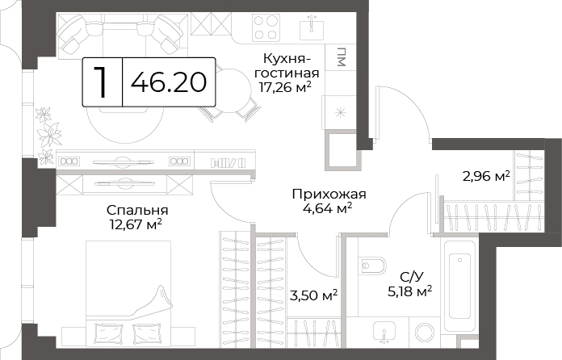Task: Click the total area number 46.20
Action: (x=169, y=82)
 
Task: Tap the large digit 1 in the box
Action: (x=103, y=82)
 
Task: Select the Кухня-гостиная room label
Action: (x=287, y=65)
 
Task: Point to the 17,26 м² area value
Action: (x=285, y=87)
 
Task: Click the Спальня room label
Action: (x=137, y=210)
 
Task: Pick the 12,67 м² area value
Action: (x=136, y=224)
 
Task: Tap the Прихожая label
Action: (x=329, y=195)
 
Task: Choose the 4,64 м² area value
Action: (x=327, y=208)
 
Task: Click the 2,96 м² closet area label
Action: (x=486, y=176)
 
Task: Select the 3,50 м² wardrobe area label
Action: (x=313, y=295)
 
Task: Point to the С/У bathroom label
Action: (x=412, y=277)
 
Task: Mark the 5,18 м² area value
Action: (x=409, y=291)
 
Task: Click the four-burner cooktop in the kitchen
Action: (x=266, y=27)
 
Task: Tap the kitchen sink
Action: (x=312, y=27)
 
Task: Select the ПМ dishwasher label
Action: (x=341, y=57)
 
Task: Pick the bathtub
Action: (x=459, y=287)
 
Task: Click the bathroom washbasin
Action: (x=384, y=331)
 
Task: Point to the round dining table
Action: (x=231, y=88)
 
